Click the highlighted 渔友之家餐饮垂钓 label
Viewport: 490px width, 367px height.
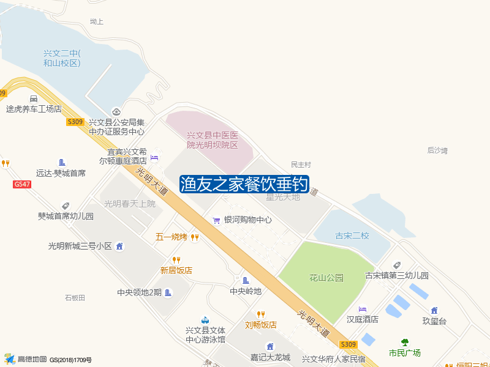point(244,185)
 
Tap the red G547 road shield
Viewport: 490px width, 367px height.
point(21,184)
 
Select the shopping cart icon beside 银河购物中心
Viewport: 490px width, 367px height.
point(216,220)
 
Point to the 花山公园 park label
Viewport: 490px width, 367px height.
point(326,278)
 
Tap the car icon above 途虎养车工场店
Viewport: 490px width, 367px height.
point(34,98)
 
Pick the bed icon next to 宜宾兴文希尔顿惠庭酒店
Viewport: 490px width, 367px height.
point(154,158)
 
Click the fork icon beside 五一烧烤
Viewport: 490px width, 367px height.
point(195,237)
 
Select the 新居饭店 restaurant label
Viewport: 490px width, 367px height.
point(176,270)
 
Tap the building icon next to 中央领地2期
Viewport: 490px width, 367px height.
point(168,293)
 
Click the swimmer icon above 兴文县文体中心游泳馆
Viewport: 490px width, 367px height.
point(205,320)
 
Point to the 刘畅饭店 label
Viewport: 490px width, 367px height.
point(261,325)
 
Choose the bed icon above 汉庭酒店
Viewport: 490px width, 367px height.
point(363,308)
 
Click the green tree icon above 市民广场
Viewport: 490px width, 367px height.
point(404,343)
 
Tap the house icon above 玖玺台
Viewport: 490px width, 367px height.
point(434,311)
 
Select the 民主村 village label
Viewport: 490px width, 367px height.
point(301,165)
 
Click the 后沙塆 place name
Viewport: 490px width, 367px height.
point(437,150)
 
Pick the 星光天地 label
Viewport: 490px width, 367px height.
point(283,197)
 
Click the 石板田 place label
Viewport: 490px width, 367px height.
point(75,298)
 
